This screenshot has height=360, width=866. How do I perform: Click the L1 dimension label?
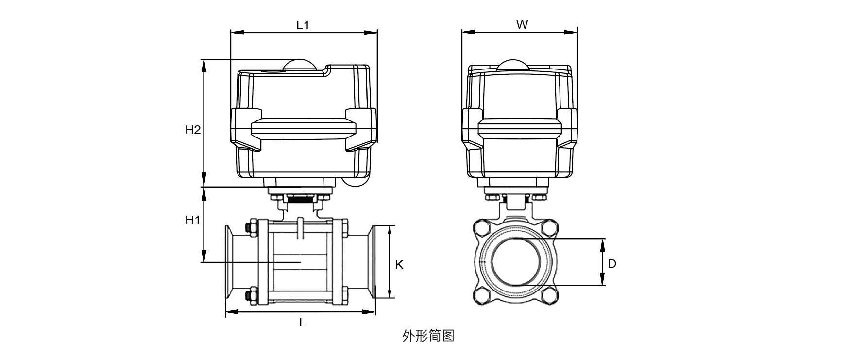click(303, 25)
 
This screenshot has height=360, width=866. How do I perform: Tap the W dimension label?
click(522, 25)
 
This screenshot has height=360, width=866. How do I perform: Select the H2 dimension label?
click(193, 130)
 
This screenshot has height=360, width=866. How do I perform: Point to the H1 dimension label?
click(193, 220)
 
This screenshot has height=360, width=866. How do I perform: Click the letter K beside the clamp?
click(399, 264)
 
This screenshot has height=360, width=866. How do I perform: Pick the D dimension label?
click(612, 264)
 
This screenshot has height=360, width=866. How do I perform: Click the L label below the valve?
click(302, 323)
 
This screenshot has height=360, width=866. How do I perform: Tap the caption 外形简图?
click(428, 336)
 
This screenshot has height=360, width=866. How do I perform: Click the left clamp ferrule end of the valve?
click(228, 262)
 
